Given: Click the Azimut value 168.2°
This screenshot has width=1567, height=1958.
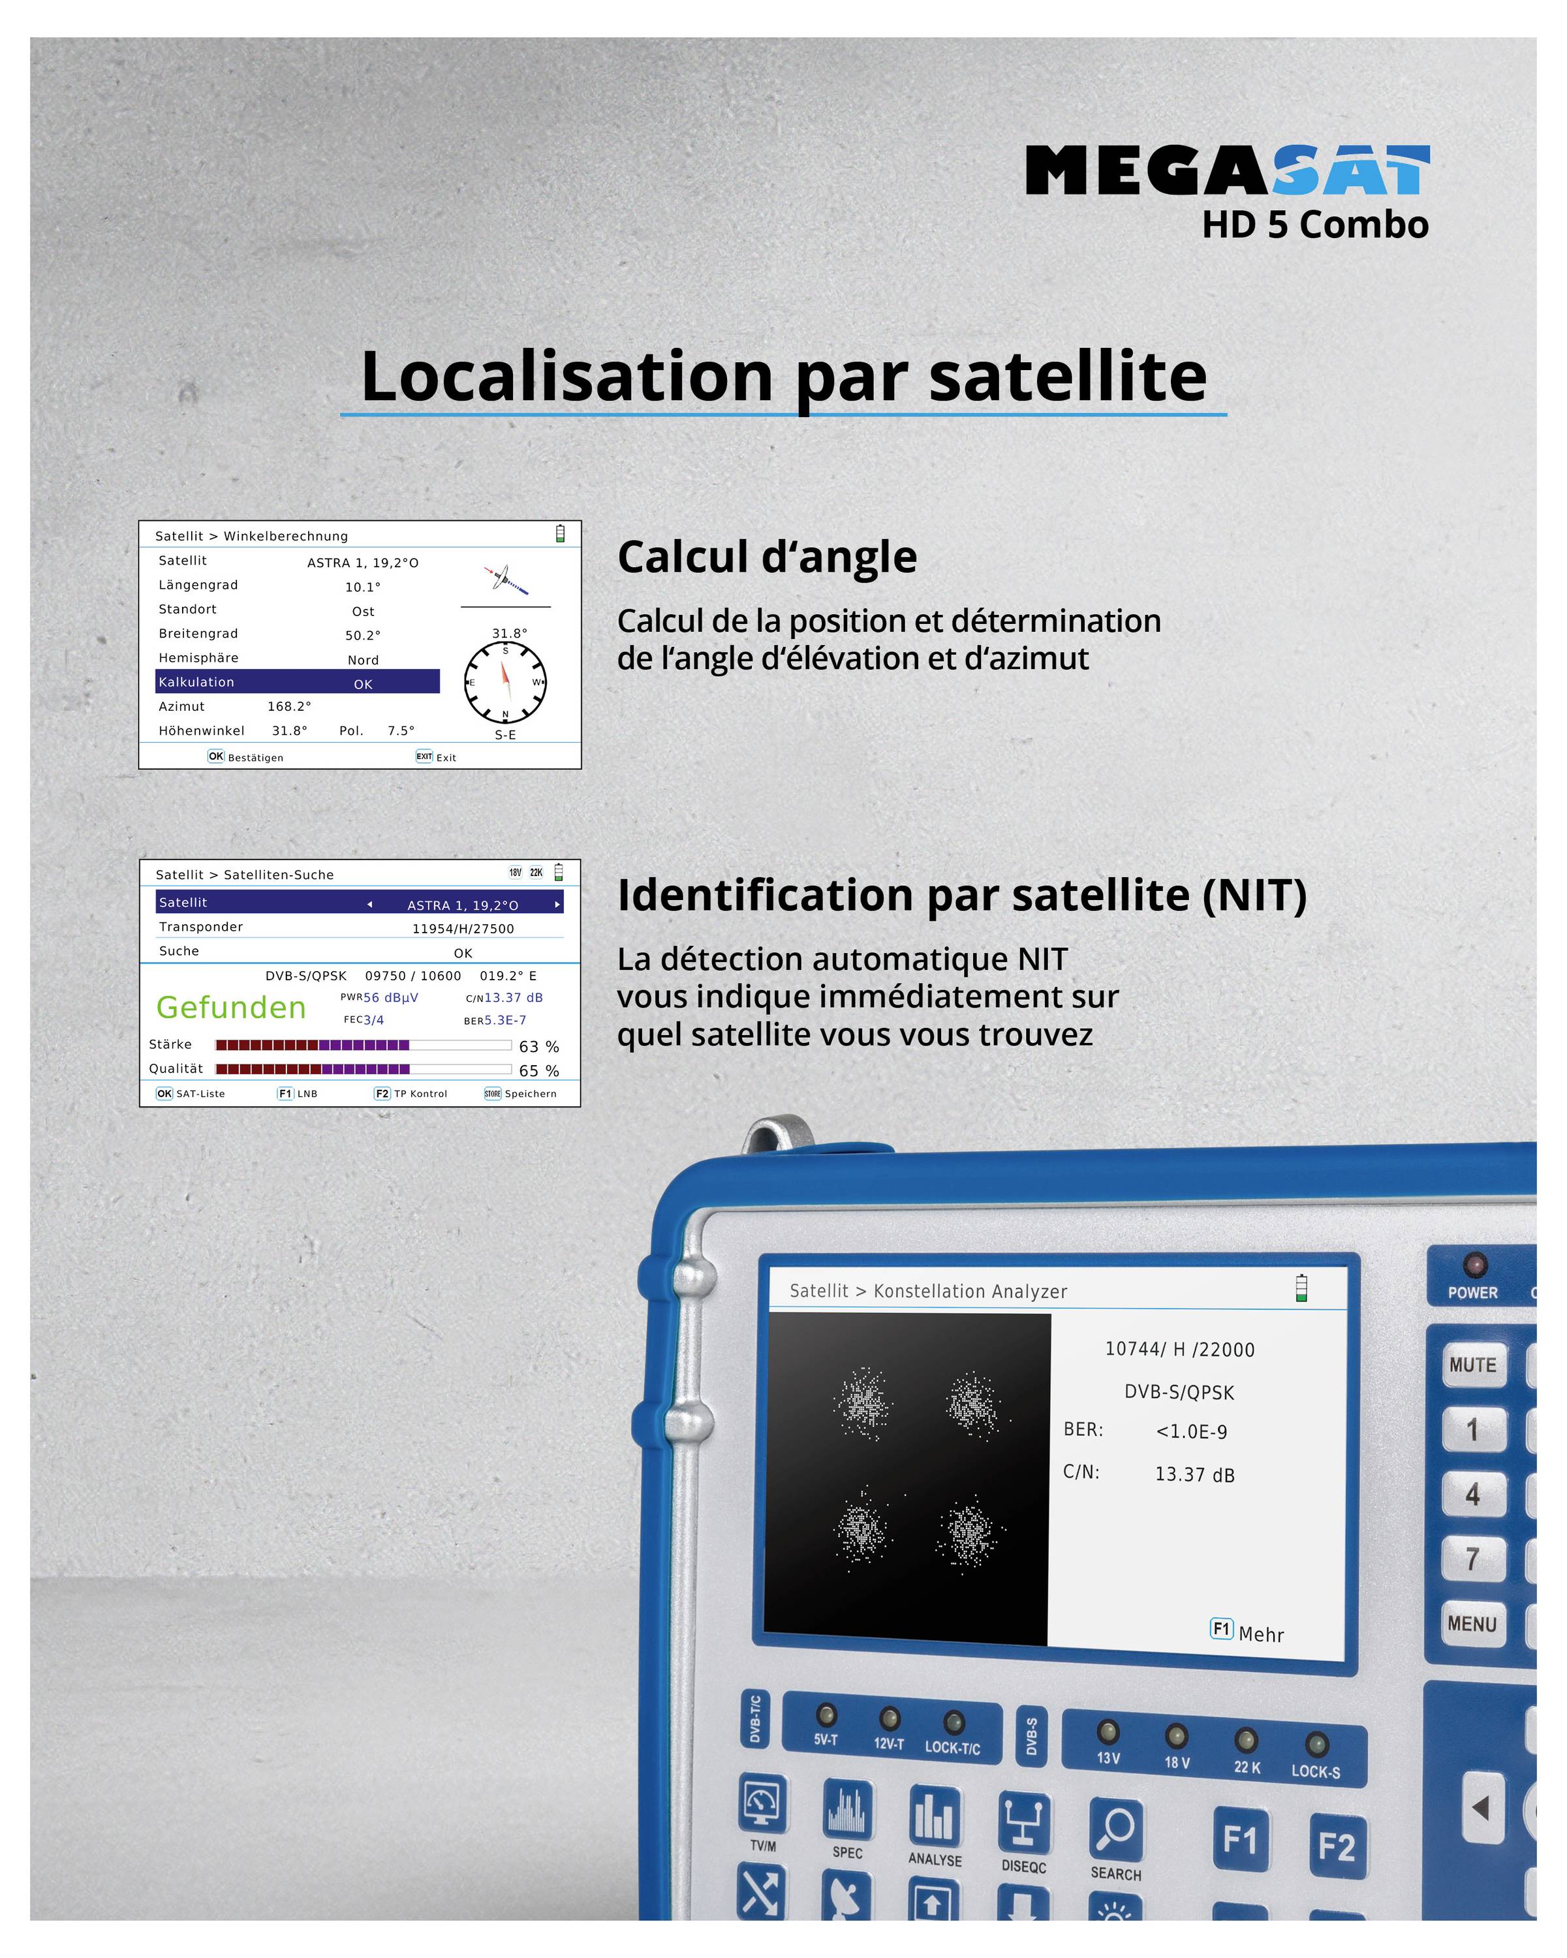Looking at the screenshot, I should tap(288, 706).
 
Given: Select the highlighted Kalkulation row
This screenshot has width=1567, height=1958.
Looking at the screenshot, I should tap(297, 682).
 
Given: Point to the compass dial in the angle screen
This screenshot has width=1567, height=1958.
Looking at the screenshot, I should tap(504, 682).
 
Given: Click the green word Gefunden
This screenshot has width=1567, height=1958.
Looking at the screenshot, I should tap(230, 1007).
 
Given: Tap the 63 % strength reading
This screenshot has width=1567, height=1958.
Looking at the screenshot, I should tap(538, 1046).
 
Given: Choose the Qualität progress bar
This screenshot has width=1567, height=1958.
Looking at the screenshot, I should tap(363, 1069).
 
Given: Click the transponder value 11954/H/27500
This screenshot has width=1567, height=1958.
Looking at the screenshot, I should tap(463, 928).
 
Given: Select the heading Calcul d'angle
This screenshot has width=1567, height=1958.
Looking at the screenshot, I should tap(767, 557).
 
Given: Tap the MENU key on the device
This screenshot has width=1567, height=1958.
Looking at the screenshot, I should tap(1472, 1624).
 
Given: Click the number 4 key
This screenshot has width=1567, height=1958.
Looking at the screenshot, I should tap(1472, 1494).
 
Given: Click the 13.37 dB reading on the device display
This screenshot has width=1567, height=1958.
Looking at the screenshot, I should tap(1194, 1474).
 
